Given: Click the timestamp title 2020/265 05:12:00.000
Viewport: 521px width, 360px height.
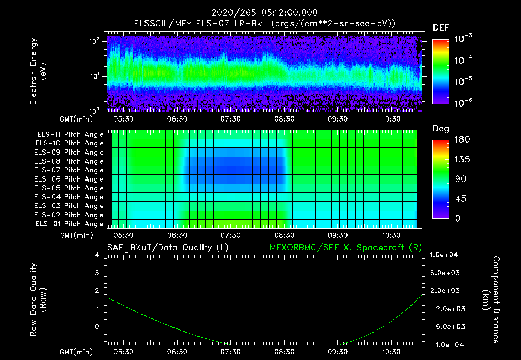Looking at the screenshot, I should (x=260, y=13).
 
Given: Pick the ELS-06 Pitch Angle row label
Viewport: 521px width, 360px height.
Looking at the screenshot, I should (x=69, y=179).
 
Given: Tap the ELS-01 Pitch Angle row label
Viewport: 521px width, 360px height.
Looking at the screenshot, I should (x=69, y=224).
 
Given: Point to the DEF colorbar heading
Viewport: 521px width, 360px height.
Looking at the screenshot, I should (x=441, y=27).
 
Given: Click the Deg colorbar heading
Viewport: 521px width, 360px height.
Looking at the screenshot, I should (x=441, y=129).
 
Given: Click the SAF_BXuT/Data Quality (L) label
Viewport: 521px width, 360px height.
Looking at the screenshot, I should (x=167, y=248).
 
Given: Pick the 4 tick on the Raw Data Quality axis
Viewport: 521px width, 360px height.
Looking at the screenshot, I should (x=98, y=255).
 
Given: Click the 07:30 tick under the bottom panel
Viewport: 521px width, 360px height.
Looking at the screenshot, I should (x=230, y=352).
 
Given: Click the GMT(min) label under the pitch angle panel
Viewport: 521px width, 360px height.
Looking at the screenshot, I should (x=76, y=235).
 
